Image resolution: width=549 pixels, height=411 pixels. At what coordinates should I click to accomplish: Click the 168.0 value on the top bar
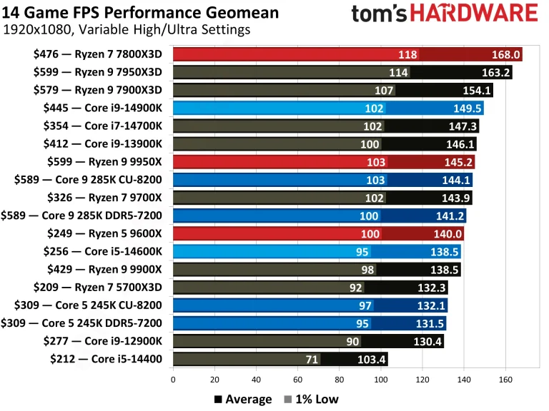505,55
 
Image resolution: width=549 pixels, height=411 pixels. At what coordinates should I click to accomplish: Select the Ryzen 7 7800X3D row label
98,54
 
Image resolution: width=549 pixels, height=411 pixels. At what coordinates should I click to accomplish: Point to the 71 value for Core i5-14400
311,359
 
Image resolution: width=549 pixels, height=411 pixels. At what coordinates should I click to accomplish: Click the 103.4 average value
372,359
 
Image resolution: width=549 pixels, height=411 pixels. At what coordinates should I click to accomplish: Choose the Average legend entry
242,399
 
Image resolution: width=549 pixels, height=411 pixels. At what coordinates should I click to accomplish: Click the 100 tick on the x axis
381,380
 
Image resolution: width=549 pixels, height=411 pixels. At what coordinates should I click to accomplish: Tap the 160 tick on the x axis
506,380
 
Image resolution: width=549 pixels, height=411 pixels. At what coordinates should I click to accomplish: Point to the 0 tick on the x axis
173,380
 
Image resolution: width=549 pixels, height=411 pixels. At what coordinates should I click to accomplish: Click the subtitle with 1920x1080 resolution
127,30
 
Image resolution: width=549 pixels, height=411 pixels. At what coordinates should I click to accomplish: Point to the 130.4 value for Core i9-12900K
427,341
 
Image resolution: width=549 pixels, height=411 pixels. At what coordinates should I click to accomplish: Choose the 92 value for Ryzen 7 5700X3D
355,288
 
